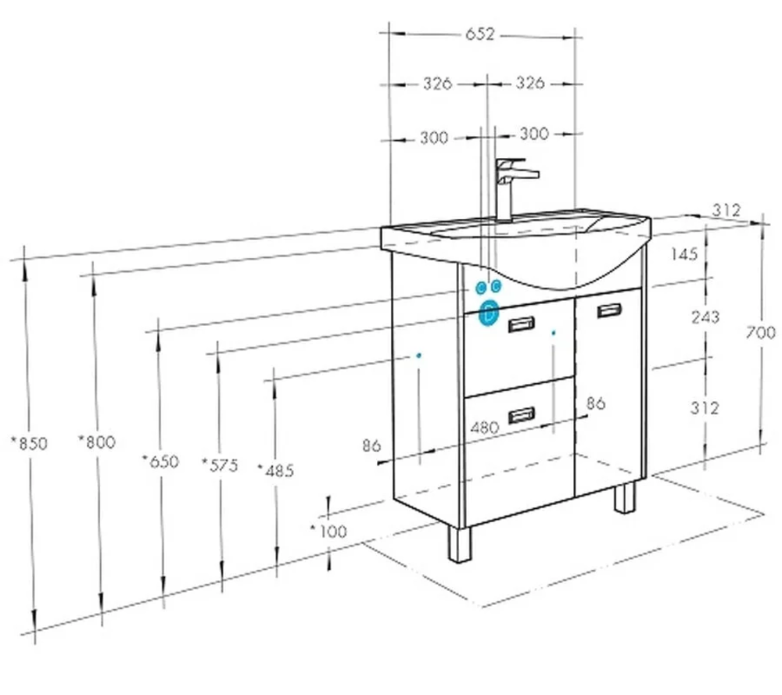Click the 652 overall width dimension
pos(480,34)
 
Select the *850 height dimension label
pos(30,443)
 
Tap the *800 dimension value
pos(97,442)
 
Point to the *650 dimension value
pos(160,462)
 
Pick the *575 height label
pos(220,465)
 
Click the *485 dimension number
pos(276,470)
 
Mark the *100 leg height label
pos(328,532)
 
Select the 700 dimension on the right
pos(761,332)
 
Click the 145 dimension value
pos(684,254)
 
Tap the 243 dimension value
pos(705,317)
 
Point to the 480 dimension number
pos(485,428)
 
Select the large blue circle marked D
pos(489,313)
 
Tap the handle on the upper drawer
pos(521,324)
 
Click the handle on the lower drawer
pos(521,415)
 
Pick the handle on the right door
pos(609,310)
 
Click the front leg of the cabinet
pos(459,544)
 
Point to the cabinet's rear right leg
pos(625,497)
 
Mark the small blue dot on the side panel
pos(419,356)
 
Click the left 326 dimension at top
pos(437,84)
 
